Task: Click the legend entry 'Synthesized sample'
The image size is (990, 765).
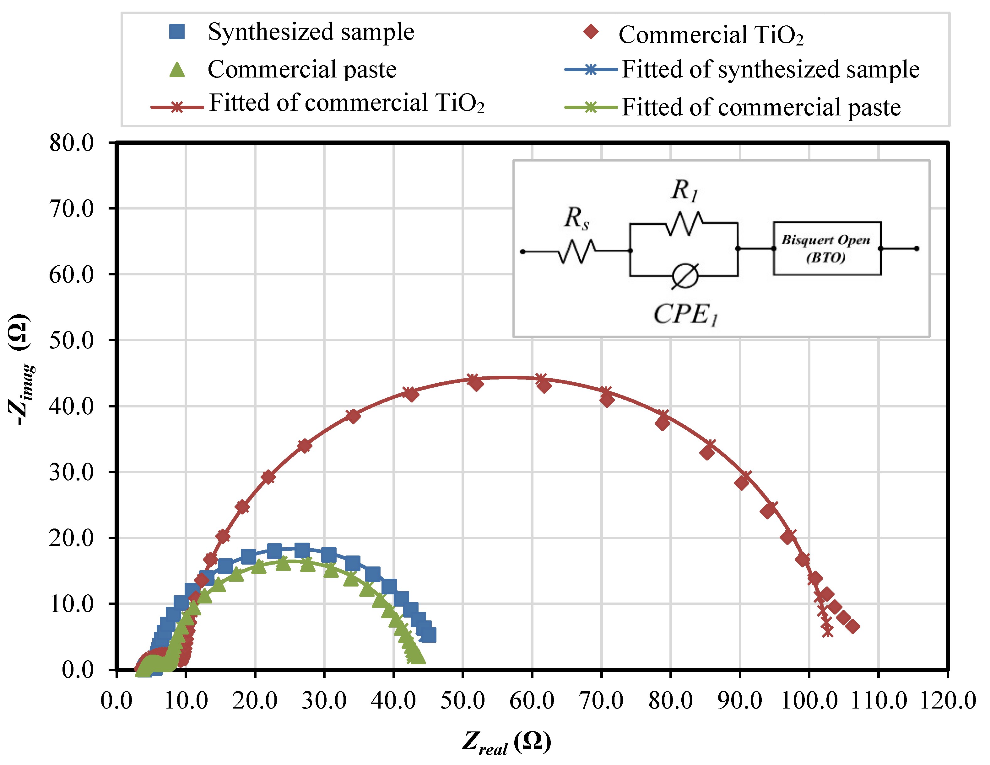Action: click(x=311, y=32)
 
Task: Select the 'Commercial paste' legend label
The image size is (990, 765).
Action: click(x=302, y=70)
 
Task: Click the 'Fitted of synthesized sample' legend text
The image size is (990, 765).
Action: click(x=770, y=70)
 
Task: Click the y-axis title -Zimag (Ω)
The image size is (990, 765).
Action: click(x=20, y=369)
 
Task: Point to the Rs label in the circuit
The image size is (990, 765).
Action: click(x=576, y=218)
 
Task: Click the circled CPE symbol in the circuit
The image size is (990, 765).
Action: click(x=685, y=276)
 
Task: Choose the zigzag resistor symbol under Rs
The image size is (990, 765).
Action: click(x=576, y=251)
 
